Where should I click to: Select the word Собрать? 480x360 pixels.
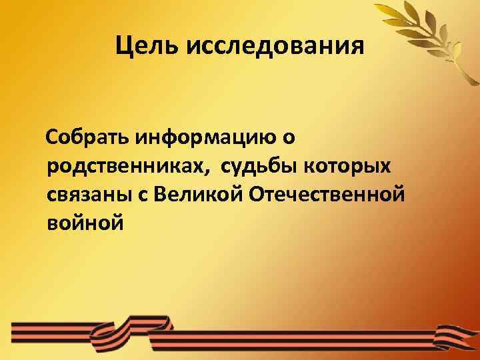pos(87,138)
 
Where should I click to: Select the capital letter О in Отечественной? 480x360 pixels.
pos(257,194)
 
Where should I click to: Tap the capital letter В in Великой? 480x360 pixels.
pos(160,194)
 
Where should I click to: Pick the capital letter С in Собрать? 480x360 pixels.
pos(52,138)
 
